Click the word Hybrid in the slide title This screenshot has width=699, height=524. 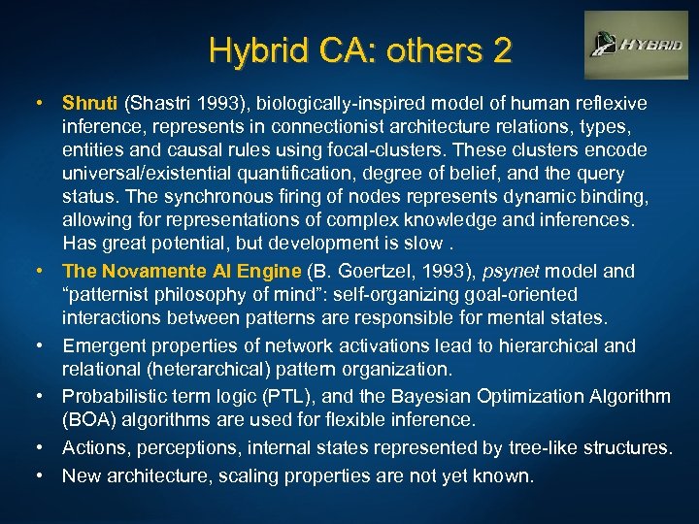[x=246, y=50]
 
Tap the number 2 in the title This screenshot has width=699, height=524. [x=501, y=50]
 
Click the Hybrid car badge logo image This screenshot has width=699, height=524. [x=635, y=45]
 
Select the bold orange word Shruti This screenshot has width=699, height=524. [x=90, y=103]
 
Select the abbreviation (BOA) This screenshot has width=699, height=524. [x=90, y=419]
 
